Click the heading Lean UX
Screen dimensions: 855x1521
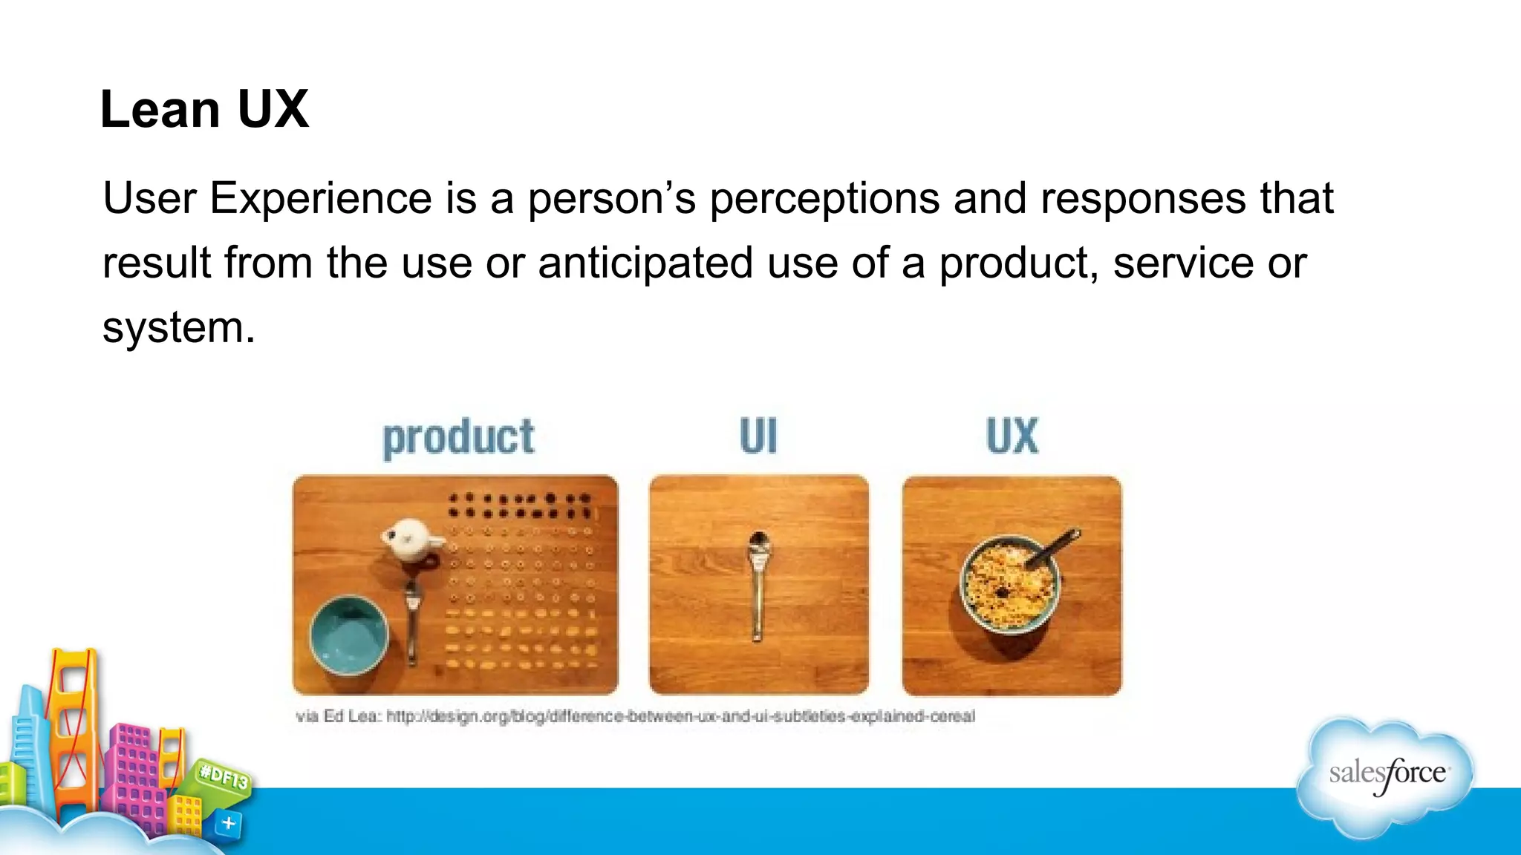pyautogui.click(x=204, y=110)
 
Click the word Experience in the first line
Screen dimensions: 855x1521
pyautogui.click(x=320, y=199)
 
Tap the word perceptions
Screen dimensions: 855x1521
pyautogui.click(x=824, y=199)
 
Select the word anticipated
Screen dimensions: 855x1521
pyautogui.click(x=645, y=263)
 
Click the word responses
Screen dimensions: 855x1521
pyautogui.click(x=1143, y=199)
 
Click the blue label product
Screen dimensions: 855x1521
pyautogui.click(x=458, y=437)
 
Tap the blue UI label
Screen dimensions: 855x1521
pyautogui.click(x=758, y=436)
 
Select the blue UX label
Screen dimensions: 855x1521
pyautogui.click(x=1012, y=436)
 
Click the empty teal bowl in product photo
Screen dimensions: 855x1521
pyautogui.click(x=348, y=635)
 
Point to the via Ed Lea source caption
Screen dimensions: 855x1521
pyautogui.click(x=635, y=716)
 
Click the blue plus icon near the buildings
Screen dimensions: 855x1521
pyautogui.click(x=229, y=823)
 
